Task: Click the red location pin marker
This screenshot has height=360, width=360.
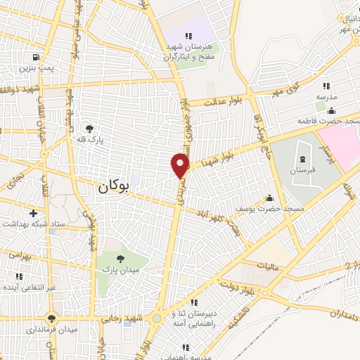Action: tap(181, 165)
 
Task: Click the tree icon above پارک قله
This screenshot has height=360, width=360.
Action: tap(90, 128)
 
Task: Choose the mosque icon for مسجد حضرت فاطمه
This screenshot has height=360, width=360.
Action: tap(331, 110)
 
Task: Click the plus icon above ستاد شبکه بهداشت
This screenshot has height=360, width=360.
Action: tap(33, 212)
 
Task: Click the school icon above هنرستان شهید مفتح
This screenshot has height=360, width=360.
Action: tap(188, 36)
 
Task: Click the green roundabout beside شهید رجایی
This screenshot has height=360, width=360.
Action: tap(157, 319)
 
